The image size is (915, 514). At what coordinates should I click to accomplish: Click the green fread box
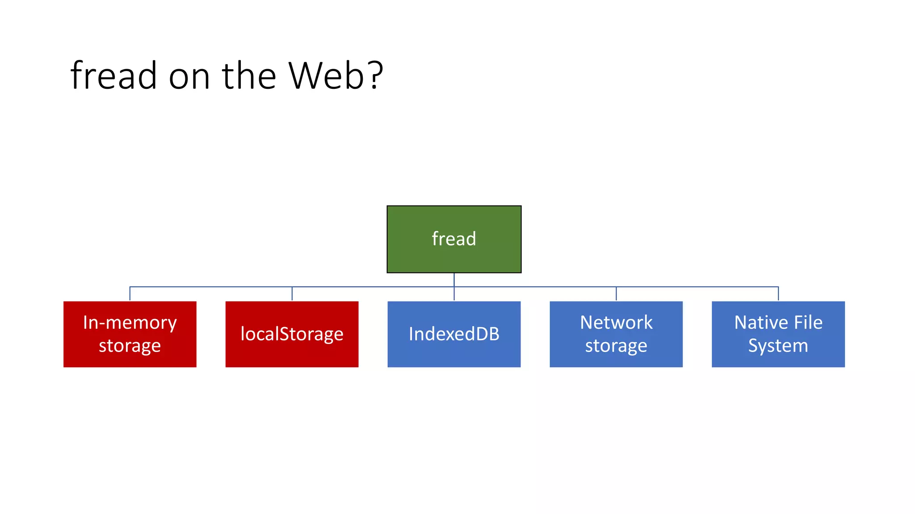[454, 239]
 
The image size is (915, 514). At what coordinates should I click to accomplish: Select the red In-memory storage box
[130, 334]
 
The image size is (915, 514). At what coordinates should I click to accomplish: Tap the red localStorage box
[292, 334]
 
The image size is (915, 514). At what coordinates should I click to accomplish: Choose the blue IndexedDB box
[454, 334]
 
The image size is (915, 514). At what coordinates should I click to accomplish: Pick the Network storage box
[616, 334]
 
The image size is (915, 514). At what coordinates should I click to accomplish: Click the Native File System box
[778, 334]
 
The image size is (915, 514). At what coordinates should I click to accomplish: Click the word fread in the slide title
[113, 76]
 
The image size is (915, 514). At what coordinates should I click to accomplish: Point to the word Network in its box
[616, 323]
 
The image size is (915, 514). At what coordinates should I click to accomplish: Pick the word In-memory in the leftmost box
[130, 323]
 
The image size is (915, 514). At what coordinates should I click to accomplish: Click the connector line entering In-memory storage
[130, 294]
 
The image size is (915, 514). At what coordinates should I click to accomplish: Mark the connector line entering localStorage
[292, 294]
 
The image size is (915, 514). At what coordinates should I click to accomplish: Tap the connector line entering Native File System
[778, 294]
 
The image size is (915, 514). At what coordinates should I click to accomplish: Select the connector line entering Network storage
[616, 294]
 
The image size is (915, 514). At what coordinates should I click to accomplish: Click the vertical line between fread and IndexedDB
[454, 280]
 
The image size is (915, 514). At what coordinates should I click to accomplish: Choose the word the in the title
[249, 76]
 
